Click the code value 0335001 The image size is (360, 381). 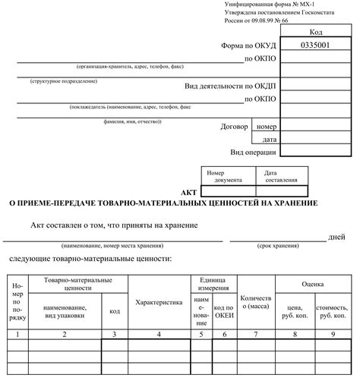click(314, 45)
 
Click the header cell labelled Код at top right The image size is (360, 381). click(316, 32)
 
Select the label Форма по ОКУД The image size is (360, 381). click(248, 45)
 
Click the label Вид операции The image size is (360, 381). click(254, 152)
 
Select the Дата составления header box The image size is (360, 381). click(282, 176)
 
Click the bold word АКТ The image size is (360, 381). click(189, 193)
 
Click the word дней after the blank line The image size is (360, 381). click(336, 237)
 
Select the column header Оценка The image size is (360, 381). click(313, 285)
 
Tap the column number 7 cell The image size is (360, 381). click(256, 333)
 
